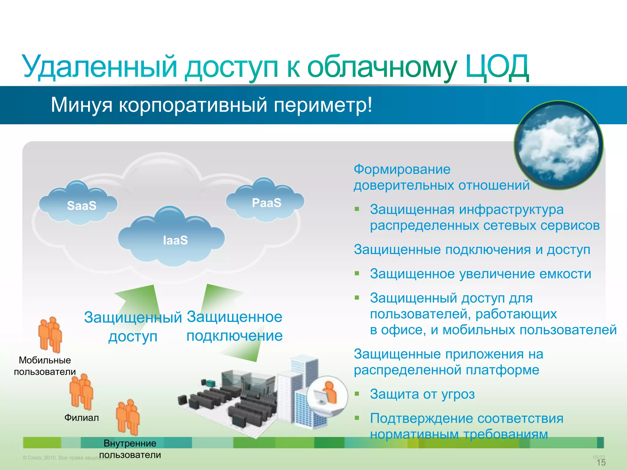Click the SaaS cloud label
81,206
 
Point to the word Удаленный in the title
100,67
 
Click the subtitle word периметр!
323,105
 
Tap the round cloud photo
559,146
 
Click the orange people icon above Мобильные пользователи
50,334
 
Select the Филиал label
81,418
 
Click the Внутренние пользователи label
130,449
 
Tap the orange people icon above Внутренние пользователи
128,417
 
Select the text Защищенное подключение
235,326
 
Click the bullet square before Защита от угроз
357,394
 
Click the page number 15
601,462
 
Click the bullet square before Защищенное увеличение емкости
357,273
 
